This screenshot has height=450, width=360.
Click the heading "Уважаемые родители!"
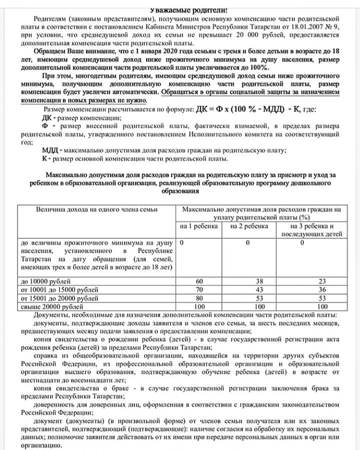pos(182,10)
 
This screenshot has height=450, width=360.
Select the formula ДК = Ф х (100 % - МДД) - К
pos(247,109)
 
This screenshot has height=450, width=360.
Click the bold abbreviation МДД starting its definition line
pos(51,151)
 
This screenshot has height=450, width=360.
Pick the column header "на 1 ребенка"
pos(199,226)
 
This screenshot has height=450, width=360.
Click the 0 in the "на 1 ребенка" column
pos(182,242)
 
